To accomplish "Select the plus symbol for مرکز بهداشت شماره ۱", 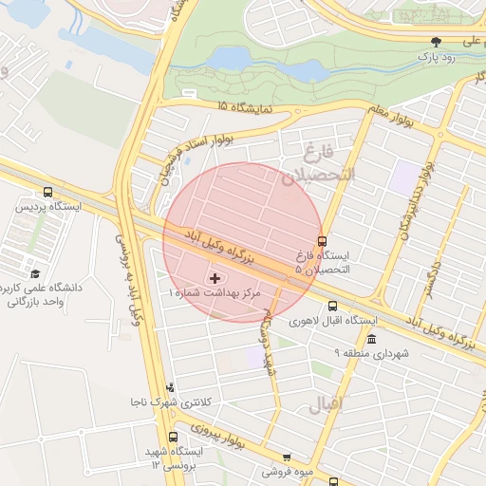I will click(215, 278).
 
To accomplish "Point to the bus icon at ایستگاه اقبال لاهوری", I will click(332, 306).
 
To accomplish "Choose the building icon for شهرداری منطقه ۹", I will click(371, 339).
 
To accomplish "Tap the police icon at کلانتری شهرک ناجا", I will click(170, 387).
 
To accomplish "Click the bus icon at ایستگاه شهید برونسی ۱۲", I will click(172, 437).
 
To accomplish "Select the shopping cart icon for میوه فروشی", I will click(287, 457).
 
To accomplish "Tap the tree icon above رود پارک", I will click(436, 42).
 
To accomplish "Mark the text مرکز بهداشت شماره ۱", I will click(214, 295).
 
